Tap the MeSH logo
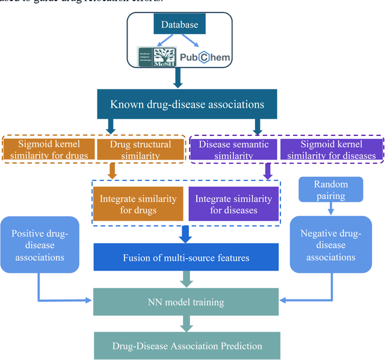click(158, 56)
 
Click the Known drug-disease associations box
click(187, 105)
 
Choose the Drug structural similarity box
click(140, 150)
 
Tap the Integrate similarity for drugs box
click(138, 204)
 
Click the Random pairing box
click(330, 189)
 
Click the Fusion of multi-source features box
click(186, 257)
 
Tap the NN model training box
click(186, 302)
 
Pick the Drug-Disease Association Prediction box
click(186, 346)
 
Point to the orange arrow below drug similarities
click(112, 171)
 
